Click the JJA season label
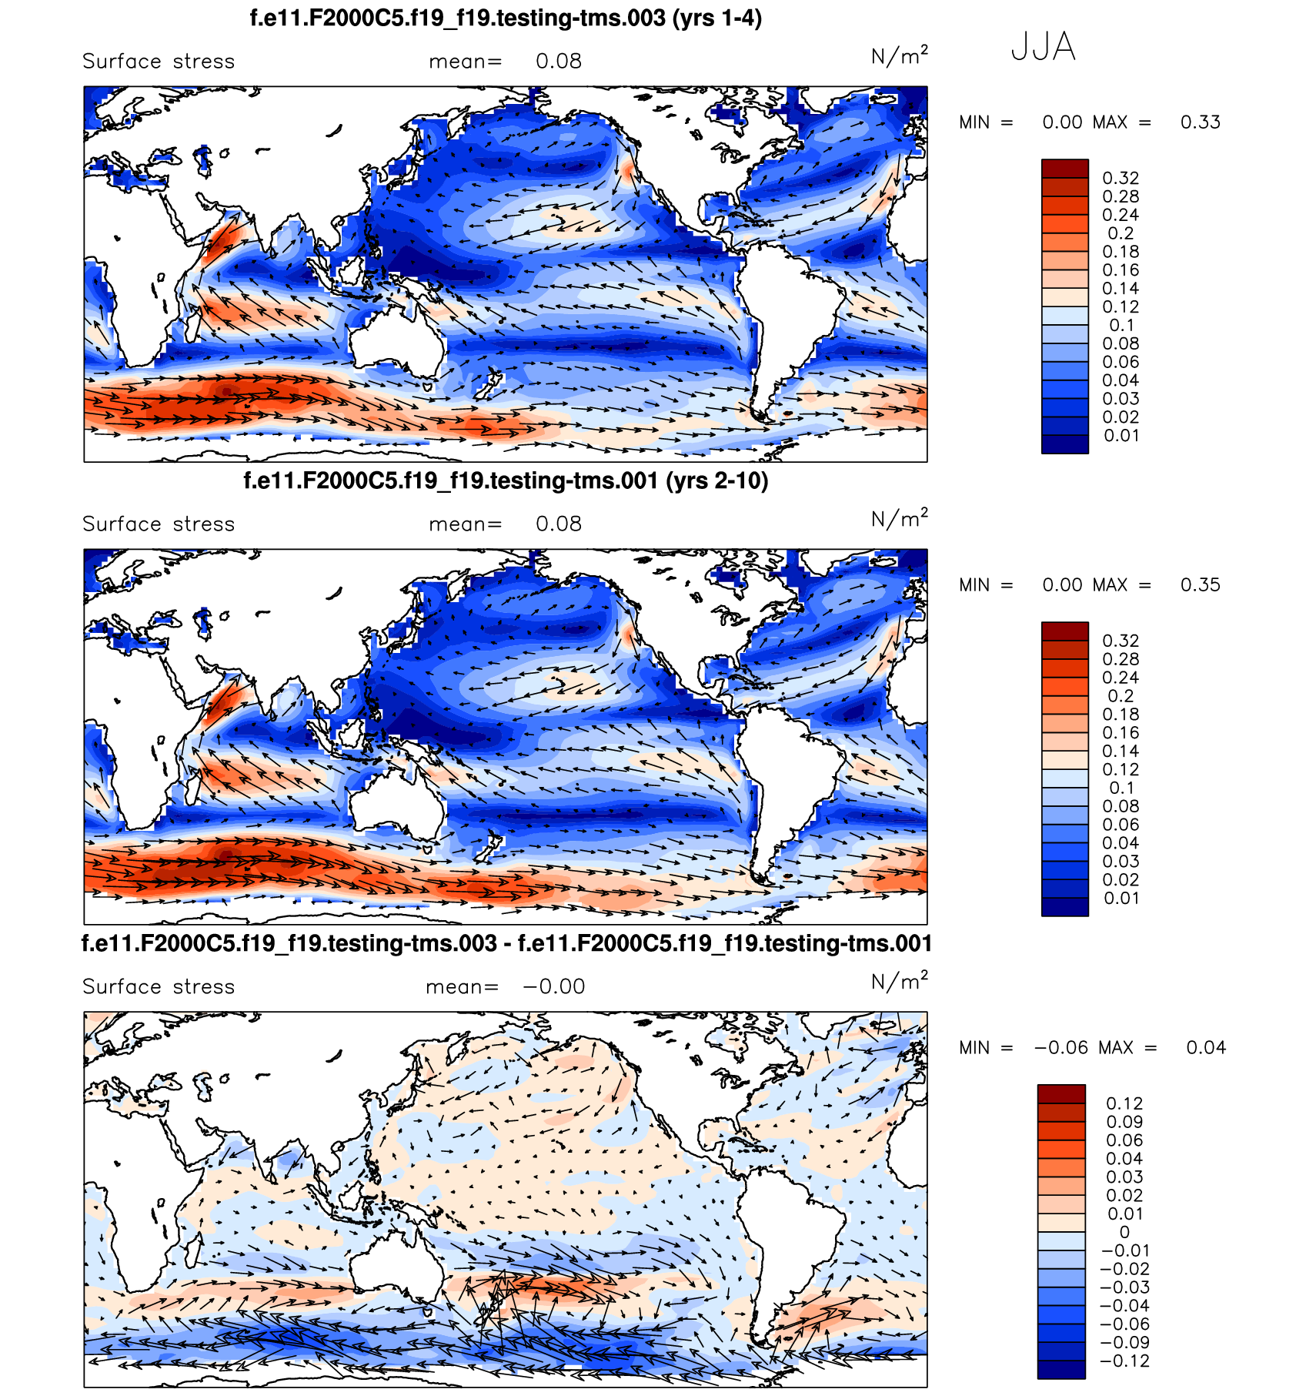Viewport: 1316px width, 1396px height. coord(1043,47)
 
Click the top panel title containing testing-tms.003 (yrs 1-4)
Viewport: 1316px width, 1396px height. coord(506,18)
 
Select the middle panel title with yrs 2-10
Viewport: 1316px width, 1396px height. coord(506,480)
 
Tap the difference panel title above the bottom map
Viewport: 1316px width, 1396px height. coord(506,943)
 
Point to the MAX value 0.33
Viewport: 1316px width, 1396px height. coord(1200,122)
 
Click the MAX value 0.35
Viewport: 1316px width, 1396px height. coord(1200,585)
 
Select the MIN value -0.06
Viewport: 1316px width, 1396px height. coord(1061,1048)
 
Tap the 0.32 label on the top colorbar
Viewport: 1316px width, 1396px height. coord(1121,178)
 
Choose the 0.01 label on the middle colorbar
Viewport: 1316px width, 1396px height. coord(1121,898)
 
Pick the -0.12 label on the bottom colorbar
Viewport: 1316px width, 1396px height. coord(1124,1361)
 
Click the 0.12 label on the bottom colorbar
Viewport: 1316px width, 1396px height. coord(1124,1103)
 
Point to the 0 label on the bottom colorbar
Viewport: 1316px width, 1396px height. coord(1124,1232)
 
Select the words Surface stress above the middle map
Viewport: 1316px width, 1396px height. coord(159,524)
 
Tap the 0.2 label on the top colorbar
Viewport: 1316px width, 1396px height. coord(1121,233)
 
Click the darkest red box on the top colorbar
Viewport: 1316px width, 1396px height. coord(1064,169)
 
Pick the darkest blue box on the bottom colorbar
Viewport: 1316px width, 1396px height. coord(1061,1369)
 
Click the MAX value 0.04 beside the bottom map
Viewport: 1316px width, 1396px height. coord(1205,1048)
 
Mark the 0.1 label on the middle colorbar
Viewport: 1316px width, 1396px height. coord(1121,788)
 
